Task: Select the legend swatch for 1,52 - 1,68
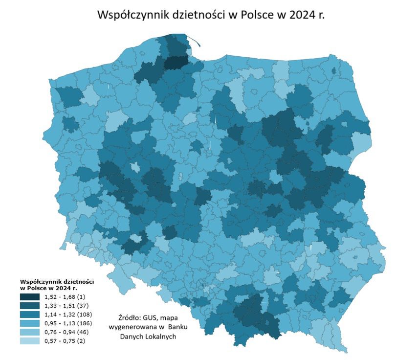tap(30, 297)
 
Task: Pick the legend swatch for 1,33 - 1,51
tap(30, 306)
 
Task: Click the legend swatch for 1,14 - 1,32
tap(30, 315)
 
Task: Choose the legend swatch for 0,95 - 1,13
tap(30, 323)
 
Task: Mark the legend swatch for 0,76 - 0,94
tap(30, 332)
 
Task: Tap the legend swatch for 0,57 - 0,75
tap(30, 341)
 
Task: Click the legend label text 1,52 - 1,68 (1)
tap(64, 297)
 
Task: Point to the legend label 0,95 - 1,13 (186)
tap(67, 323)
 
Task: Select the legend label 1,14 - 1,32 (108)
tap(67, 315)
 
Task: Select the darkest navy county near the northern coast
tap(175, 63)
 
